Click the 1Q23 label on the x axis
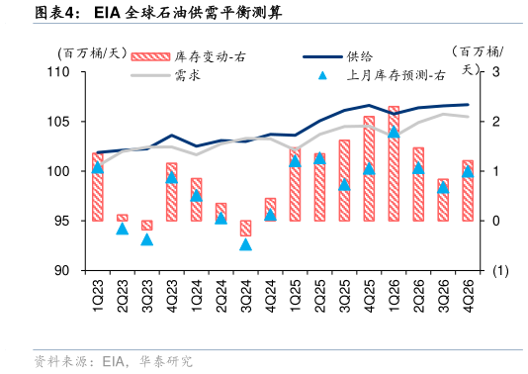tap(98, 294)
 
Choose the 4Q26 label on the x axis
tap(468, 294)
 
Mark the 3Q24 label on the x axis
tap(246, 294)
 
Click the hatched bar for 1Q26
tap(394, 163)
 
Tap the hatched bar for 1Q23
tap(97, 186)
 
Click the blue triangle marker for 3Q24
tap(245, 243)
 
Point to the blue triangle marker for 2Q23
tap(122, 229)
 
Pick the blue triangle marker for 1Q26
tap(394, 132)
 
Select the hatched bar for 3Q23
tap(146, 225)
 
